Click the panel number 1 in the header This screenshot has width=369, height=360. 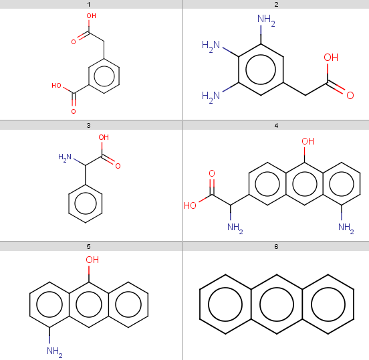(89, 5)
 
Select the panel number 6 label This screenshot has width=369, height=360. (276, 247)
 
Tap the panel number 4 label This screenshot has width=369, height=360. (276, 126)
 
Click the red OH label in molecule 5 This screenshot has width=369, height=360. (92, 260)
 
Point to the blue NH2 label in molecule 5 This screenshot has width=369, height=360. (55, 351)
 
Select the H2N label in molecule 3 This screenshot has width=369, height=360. (65, 157)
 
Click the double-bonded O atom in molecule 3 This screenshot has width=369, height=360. (118, 166)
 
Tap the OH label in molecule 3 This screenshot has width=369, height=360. (104, 137)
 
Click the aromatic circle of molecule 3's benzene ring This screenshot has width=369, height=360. (86, 193)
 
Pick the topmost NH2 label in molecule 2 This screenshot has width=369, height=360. (266, 19)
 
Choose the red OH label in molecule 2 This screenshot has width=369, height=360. (331, 58)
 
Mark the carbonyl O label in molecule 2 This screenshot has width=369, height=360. (350, 96)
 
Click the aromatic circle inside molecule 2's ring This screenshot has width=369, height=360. (261, 55)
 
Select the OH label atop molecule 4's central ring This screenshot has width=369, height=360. (307, 141)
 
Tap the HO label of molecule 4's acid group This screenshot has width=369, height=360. (190, 205)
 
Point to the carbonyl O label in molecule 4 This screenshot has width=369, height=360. (212, 173)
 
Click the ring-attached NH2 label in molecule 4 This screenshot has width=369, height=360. (346, 228)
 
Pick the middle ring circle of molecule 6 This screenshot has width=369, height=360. (277, 288)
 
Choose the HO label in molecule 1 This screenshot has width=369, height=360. (56, 86)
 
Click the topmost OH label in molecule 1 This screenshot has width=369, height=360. (92, 16)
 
